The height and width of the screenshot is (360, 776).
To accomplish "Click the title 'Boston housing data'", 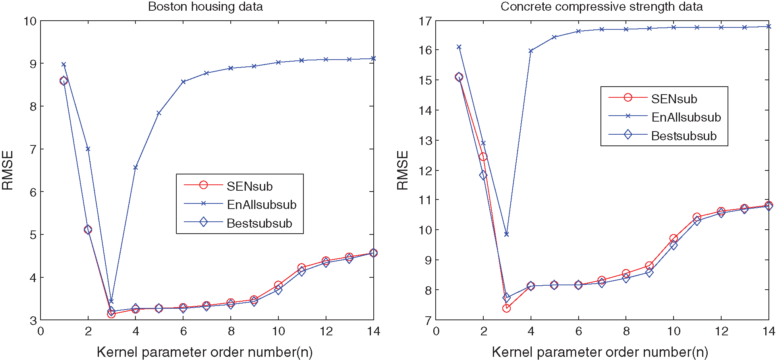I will coord(205,7).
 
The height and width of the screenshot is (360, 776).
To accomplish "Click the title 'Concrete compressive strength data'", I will coord(602,7).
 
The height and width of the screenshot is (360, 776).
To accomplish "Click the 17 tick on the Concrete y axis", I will coord(426,21).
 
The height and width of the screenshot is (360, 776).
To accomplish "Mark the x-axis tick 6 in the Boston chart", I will coord(183,331).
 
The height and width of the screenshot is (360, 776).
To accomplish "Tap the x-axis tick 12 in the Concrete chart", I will coord(721,331).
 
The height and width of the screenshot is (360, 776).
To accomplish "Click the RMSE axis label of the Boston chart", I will coord(8,170).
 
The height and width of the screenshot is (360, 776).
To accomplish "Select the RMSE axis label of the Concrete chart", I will coord(403,170).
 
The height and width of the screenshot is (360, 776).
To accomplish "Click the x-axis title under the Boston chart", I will coord(205,352).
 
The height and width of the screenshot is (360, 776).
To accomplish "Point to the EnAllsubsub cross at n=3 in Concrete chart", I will coord(506,234).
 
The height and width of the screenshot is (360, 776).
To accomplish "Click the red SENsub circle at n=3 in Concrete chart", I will coord(506,308).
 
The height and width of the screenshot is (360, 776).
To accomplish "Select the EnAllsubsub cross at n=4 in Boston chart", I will coord(135,168).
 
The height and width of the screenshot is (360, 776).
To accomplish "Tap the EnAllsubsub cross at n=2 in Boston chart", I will coord(88,149).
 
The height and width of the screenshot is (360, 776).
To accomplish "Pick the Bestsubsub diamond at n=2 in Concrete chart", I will coord(483,175).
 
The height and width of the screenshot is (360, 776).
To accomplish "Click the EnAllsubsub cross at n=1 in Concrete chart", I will coord(459,47).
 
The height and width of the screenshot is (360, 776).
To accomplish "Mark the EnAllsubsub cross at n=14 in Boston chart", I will coord(373,58).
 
